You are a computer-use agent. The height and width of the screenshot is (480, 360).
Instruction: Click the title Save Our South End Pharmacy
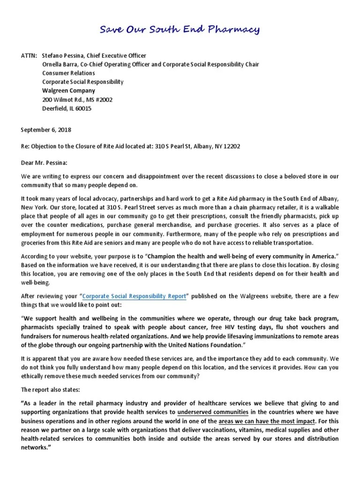(180, 31)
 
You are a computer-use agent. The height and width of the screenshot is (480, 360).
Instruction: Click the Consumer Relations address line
(68, 73)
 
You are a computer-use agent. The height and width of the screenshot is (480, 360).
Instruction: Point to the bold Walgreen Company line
(68, 90)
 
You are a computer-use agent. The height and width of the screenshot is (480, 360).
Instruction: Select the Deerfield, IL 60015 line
(67, 108)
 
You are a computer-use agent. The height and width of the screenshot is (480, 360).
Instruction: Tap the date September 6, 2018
(46, 129)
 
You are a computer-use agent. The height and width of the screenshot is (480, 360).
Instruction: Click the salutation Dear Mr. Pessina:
(45, 164)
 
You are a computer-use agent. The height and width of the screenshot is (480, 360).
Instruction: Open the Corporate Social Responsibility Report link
(135, 296)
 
